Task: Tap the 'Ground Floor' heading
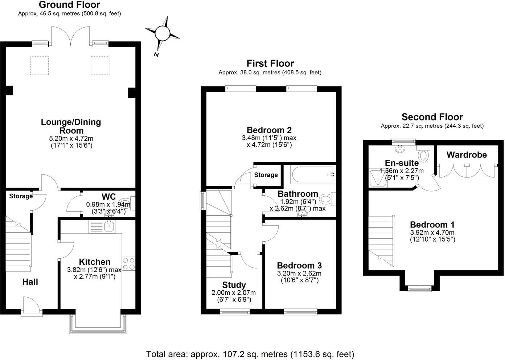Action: [x=69, y=5]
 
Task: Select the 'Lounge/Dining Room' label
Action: [x=71, y=126]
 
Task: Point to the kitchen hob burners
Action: [x=128, y=264]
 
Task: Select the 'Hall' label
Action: [x=30, y=282]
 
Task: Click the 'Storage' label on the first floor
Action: [x=266, y=175]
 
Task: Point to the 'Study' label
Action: [x=234, y=285]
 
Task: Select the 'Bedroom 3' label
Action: [x=299, y=266]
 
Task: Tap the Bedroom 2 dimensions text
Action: [x=269, y=142]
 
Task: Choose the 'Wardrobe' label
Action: [x=467, y=155]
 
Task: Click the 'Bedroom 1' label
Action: [x=432, y=225]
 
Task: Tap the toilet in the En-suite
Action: [x=423, y=154]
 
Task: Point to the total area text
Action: [x=250, y=354]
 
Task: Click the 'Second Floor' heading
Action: [x=432, y=117]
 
